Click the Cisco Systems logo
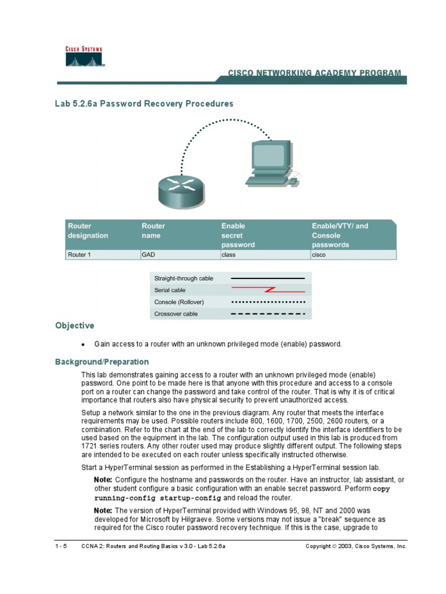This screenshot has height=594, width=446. pos(83,57)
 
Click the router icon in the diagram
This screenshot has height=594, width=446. pos(181,190)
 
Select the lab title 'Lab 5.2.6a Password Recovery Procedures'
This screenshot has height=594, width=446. pos(144,104)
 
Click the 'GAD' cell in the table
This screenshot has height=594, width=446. pos(148,254)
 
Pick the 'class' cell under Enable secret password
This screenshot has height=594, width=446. pos(228,254)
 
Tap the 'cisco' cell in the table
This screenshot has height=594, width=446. pos(319,254)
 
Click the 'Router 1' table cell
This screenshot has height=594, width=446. pos(80,254)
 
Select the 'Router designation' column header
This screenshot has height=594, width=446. pos(88,231)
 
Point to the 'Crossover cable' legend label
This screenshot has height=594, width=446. pos(176,314)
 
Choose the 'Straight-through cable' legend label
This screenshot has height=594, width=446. pos(184,278)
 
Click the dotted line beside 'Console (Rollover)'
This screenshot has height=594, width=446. pos(268,302)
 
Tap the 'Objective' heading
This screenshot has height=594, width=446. pos(74,326)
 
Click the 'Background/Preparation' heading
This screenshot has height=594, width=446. pos(102,362)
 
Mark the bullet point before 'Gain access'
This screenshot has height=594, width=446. pos(84,345)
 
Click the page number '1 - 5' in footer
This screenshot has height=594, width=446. pos(61,546)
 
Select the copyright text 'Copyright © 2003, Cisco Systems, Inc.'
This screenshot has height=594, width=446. pos(356,546)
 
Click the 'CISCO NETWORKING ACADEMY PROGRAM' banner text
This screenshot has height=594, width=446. pos(314,73)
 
